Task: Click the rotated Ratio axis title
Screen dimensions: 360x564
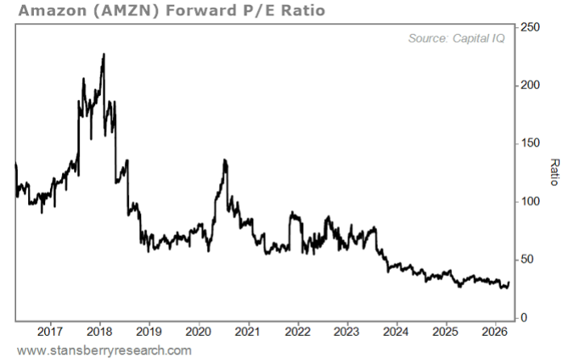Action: tap(554, 172)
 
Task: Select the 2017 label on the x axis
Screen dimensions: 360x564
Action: tap(50, 331)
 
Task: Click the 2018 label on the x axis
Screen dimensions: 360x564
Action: tap(99, 331)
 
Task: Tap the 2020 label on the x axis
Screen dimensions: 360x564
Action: tap(198, 331)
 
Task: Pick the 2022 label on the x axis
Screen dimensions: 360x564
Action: tap(297, 331)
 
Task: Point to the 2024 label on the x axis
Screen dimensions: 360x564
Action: tap(396, 331)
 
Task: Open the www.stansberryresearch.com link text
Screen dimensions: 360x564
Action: tap(105, 350)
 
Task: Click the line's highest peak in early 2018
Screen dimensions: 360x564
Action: tap(103, 55)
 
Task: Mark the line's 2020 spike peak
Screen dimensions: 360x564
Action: tap(225, 160)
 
